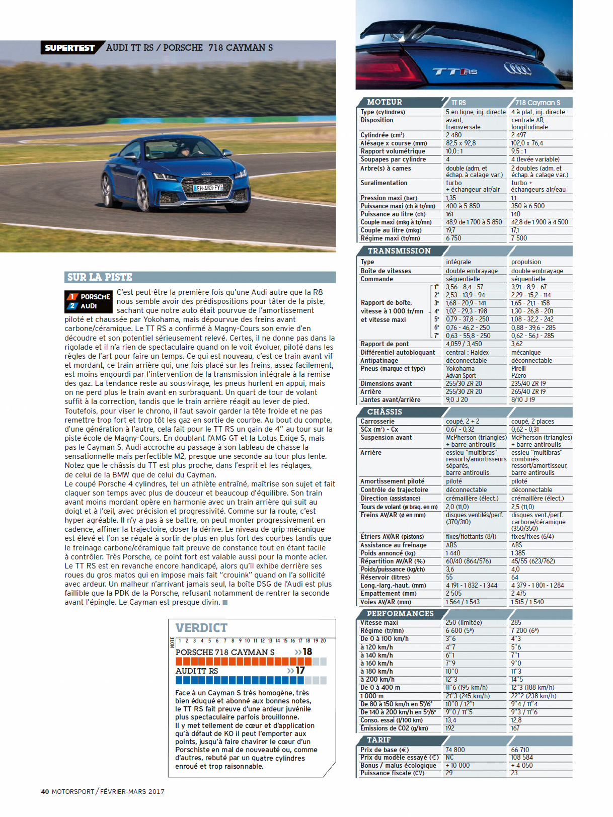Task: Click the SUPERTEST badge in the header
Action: pos(70,48)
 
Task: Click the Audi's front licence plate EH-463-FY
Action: pos(208,188)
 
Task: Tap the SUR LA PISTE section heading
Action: pos(100,277)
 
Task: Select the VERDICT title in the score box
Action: pos(201,628)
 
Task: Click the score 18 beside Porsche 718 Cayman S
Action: pos(307,652)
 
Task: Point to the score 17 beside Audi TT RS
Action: pos(300,671)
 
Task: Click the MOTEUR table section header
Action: pos(385,102)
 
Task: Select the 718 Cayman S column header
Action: pos(538,103)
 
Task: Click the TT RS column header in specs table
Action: pos(458,103)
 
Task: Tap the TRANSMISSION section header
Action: pos(399,251)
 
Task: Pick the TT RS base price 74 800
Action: pos(455,750)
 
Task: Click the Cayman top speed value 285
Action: pos(516,623)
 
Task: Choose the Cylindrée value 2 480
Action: pos(453,135)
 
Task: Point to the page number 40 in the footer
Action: pos(45,791)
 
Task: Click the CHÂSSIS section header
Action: pos(385,412)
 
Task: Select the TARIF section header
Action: pos(379,740)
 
